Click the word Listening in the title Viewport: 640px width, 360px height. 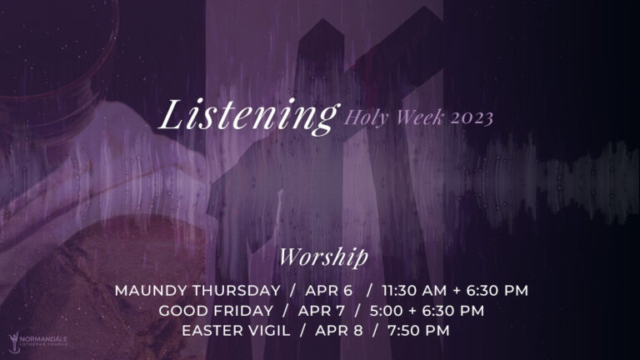[248, 117]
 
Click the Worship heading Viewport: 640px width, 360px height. [323, 257]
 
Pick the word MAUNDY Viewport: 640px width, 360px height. [152, 291]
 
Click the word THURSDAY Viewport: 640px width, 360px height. [237, 291]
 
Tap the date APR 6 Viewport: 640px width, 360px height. [328, 291]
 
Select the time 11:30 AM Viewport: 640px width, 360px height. [414, 291]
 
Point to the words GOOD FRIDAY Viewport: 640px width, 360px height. [216, 311]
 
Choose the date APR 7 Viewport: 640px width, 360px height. [321, 311]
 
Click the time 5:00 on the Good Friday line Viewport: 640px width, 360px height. [386, 311]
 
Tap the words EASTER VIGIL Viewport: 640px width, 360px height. [236, 331]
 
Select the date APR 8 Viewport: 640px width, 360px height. [339, 331]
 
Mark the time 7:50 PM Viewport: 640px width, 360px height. [418, 331]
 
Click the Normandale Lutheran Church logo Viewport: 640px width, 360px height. [37, 341]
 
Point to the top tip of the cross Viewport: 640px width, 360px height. [322, 19]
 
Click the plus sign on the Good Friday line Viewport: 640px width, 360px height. [412, 312]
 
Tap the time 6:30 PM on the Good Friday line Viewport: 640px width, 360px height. [453, 311]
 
